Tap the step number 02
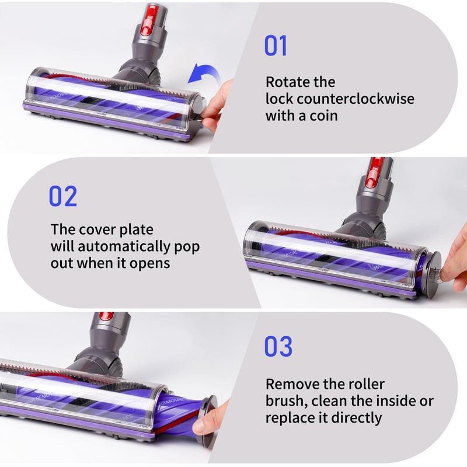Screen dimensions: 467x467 coord(62,197)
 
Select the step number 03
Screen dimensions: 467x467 coord(278,347)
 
